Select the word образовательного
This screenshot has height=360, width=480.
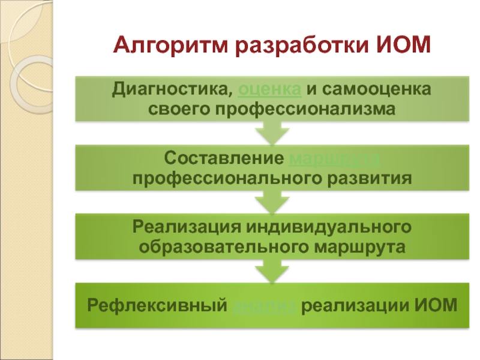pyautogui.click(x=222, y=247)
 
